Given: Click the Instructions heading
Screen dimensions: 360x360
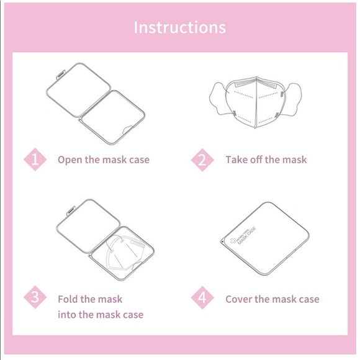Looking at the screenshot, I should pyautogui.click(x=180, y=27).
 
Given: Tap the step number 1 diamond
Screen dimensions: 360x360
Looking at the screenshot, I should pyautogui.click(x=35, y=160).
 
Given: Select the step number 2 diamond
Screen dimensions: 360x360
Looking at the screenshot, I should pyautogui.click(x=202, y=160).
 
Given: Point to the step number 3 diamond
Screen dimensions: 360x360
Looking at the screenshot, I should pyautogui.click(x=35, y=298).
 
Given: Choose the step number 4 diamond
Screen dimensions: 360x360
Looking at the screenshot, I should pyautogui.click(x=202, y=298).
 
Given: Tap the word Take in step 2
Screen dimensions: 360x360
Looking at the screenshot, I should pyautogui.click(x=236, y=160).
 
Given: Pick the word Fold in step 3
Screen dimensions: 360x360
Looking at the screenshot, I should pyautogui.click(x=68, y=299).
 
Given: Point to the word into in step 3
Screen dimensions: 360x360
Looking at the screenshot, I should pyautogui.click(x=68, y=315).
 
